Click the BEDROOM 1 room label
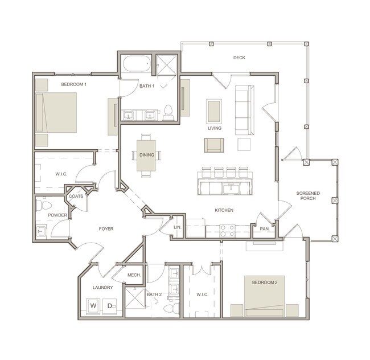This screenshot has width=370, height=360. [x=74, y=84]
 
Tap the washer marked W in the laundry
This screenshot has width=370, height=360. [x=93, y=306]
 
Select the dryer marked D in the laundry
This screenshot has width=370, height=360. [x=110, y=306]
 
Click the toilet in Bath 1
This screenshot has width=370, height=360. [x=168, y=113]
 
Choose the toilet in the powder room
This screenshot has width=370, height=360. [x=43, y=205]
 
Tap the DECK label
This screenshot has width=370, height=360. [x=239, y=58]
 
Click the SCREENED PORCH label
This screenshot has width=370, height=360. [x=308, y=196]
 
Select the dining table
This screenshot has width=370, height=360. [x=146, y=156]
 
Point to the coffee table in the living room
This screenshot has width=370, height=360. [x=214, y=112]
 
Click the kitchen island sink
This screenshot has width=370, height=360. [x=231, y=188]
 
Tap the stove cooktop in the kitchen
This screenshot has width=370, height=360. [x=228, y=231]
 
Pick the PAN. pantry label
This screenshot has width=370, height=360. [x=265, y=229]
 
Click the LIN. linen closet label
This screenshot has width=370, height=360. [x=178, y=227]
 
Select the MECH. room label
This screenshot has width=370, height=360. [x=134, y=275]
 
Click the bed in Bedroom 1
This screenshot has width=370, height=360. [x=56, y=112]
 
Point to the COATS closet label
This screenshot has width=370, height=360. [x=76, y=196]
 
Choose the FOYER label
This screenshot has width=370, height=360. [x=106, y=229]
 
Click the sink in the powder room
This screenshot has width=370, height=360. [x=41, y=232]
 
